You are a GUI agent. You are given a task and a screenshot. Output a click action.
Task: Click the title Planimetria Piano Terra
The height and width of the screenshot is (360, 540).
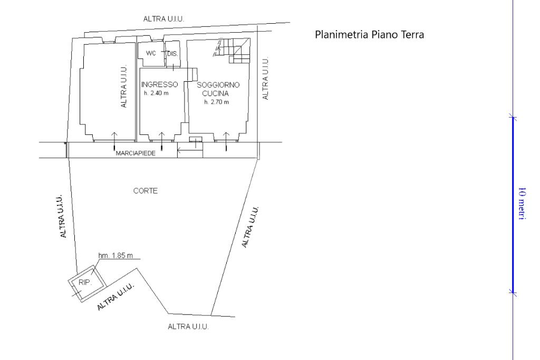pos(369,35)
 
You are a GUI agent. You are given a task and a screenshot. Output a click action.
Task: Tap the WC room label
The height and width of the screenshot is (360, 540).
pos(151,54)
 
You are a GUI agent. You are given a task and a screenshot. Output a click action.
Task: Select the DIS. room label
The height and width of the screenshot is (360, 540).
pos(172,54)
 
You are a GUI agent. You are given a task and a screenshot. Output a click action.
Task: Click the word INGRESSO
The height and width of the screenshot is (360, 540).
pos(159,85)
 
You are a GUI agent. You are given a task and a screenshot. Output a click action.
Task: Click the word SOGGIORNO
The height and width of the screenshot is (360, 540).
pos(218,85)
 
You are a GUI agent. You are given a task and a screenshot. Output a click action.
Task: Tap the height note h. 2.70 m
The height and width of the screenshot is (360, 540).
pos(217,102)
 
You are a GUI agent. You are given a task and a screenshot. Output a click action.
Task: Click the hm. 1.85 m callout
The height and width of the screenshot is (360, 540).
pos(115,256)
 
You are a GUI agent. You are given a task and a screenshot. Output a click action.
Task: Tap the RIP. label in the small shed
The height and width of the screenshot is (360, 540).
pos(85,282)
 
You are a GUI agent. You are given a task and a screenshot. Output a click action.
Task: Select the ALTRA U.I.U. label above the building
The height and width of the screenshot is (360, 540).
pos(163,19)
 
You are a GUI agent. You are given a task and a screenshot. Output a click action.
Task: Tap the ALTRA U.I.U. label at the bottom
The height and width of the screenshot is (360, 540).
pos(188,327)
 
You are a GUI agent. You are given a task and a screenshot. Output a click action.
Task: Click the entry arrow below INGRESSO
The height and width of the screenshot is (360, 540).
pos(161,138)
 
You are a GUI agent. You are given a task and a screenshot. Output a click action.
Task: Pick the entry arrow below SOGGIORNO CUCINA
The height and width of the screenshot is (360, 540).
pos(226,139)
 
